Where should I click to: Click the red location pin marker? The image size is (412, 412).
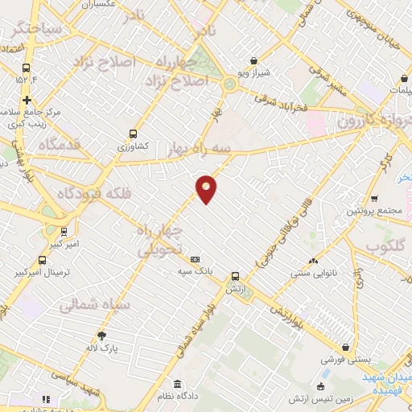(207, 188)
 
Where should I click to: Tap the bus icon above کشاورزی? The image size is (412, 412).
(133, 134)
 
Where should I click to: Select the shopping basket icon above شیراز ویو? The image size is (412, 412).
(254, 60)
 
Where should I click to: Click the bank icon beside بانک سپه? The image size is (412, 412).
(195, 259)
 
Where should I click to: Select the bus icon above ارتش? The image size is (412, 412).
(235, 274)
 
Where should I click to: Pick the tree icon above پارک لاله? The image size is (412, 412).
(101, 336)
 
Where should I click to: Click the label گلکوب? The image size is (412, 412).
(388, 245)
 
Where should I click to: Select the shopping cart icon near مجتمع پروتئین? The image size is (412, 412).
(374, 198)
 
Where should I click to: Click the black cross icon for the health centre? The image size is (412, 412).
(27, 101)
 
